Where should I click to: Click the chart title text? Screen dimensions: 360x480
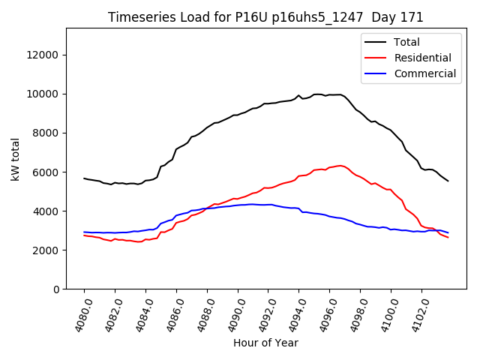point(265,17)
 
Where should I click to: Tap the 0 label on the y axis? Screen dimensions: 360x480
point(57,289)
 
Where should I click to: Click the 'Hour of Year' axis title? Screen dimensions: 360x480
point(265,343)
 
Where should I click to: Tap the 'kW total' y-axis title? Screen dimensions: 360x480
point(16,158)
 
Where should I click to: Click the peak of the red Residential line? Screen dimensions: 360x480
point(340,166)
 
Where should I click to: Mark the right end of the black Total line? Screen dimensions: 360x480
point(448,181)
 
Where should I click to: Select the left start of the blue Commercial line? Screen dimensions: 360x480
point(84,232)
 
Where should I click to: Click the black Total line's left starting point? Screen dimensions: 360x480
point(84,178)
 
